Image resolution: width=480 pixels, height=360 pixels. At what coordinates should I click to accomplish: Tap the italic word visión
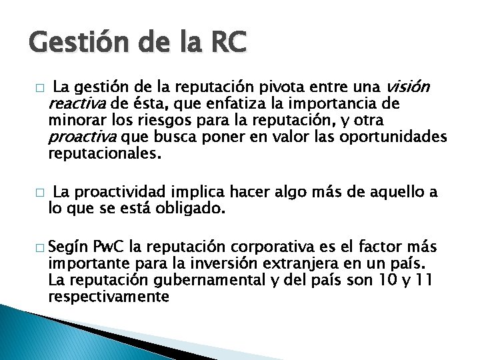tap(407, 87)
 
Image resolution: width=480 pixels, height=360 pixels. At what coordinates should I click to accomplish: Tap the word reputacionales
tap(105, 154)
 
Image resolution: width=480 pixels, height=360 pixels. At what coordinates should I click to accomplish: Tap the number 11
tap(422, 281)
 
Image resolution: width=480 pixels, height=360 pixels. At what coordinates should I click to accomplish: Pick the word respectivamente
tap(109, 297)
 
